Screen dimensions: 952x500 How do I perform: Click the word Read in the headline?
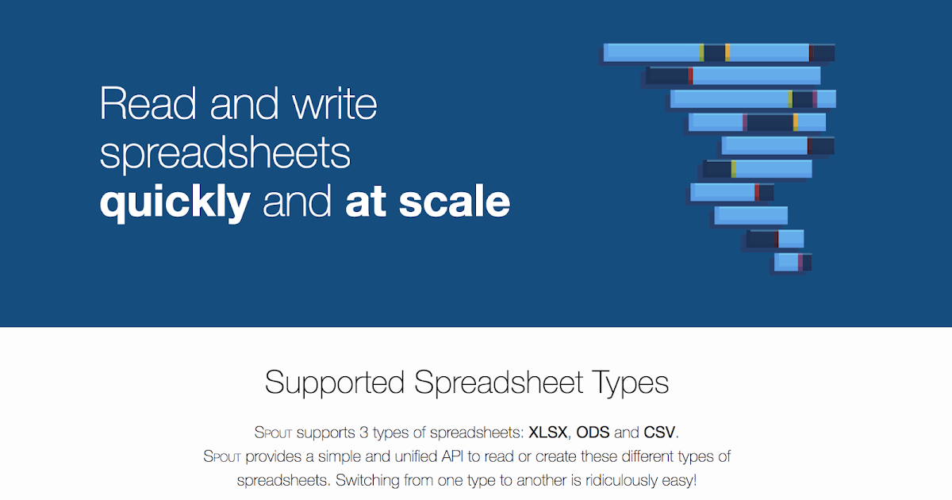point(148,103)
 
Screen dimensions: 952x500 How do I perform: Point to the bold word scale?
point(455,201)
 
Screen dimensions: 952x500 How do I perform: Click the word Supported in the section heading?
point(335,383)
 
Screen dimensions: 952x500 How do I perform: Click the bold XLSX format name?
point(547,433)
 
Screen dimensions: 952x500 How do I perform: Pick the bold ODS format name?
point(593,433)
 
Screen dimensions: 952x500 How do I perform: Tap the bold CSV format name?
point(659,433)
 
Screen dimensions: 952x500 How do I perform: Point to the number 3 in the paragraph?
point(364,433)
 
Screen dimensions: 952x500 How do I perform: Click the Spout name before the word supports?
point(273,433)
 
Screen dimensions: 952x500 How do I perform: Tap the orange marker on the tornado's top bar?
point(727,52)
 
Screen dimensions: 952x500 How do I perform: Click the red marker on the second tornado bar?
point(690,75)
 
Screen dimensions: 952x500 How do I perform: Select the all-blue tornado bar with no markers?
point(751,216)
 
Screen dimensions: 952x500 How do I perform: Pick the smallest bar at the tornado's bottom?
point(793,262)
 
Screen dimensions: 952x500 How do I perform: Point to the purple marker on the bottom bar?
point(800,262)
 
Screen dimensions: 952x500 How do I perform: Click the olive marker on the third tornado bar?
point(790,99)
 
